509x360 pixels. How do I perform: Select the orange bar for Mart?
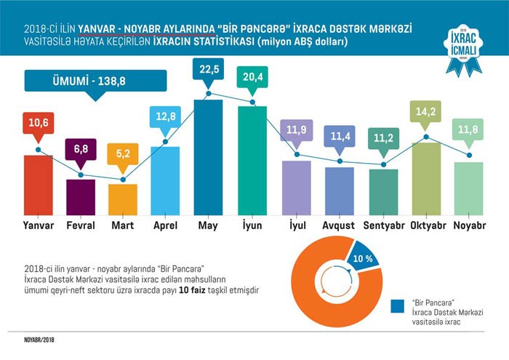tap(123, 199)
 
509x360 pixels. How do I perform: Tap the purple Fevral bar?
tap(81, 196)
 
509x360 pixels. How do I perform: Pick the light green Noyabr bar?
tap(468, 188)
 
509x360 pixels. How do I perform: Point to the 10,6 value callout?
tap(38, 124)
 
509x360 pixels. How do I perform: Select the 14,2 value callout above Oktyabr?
tap(426, 113)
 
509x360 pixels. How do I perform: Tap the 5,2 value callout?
tap(123, 155)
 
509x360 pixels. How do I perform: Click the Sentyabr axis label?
tap(383, 226)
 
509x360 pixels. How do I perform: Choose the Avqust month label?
tap(339, 226)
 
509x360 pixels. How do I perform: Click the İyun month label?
tap(252, 226)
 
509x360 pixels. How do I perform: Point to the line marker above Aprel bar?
tap(166, 142)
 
